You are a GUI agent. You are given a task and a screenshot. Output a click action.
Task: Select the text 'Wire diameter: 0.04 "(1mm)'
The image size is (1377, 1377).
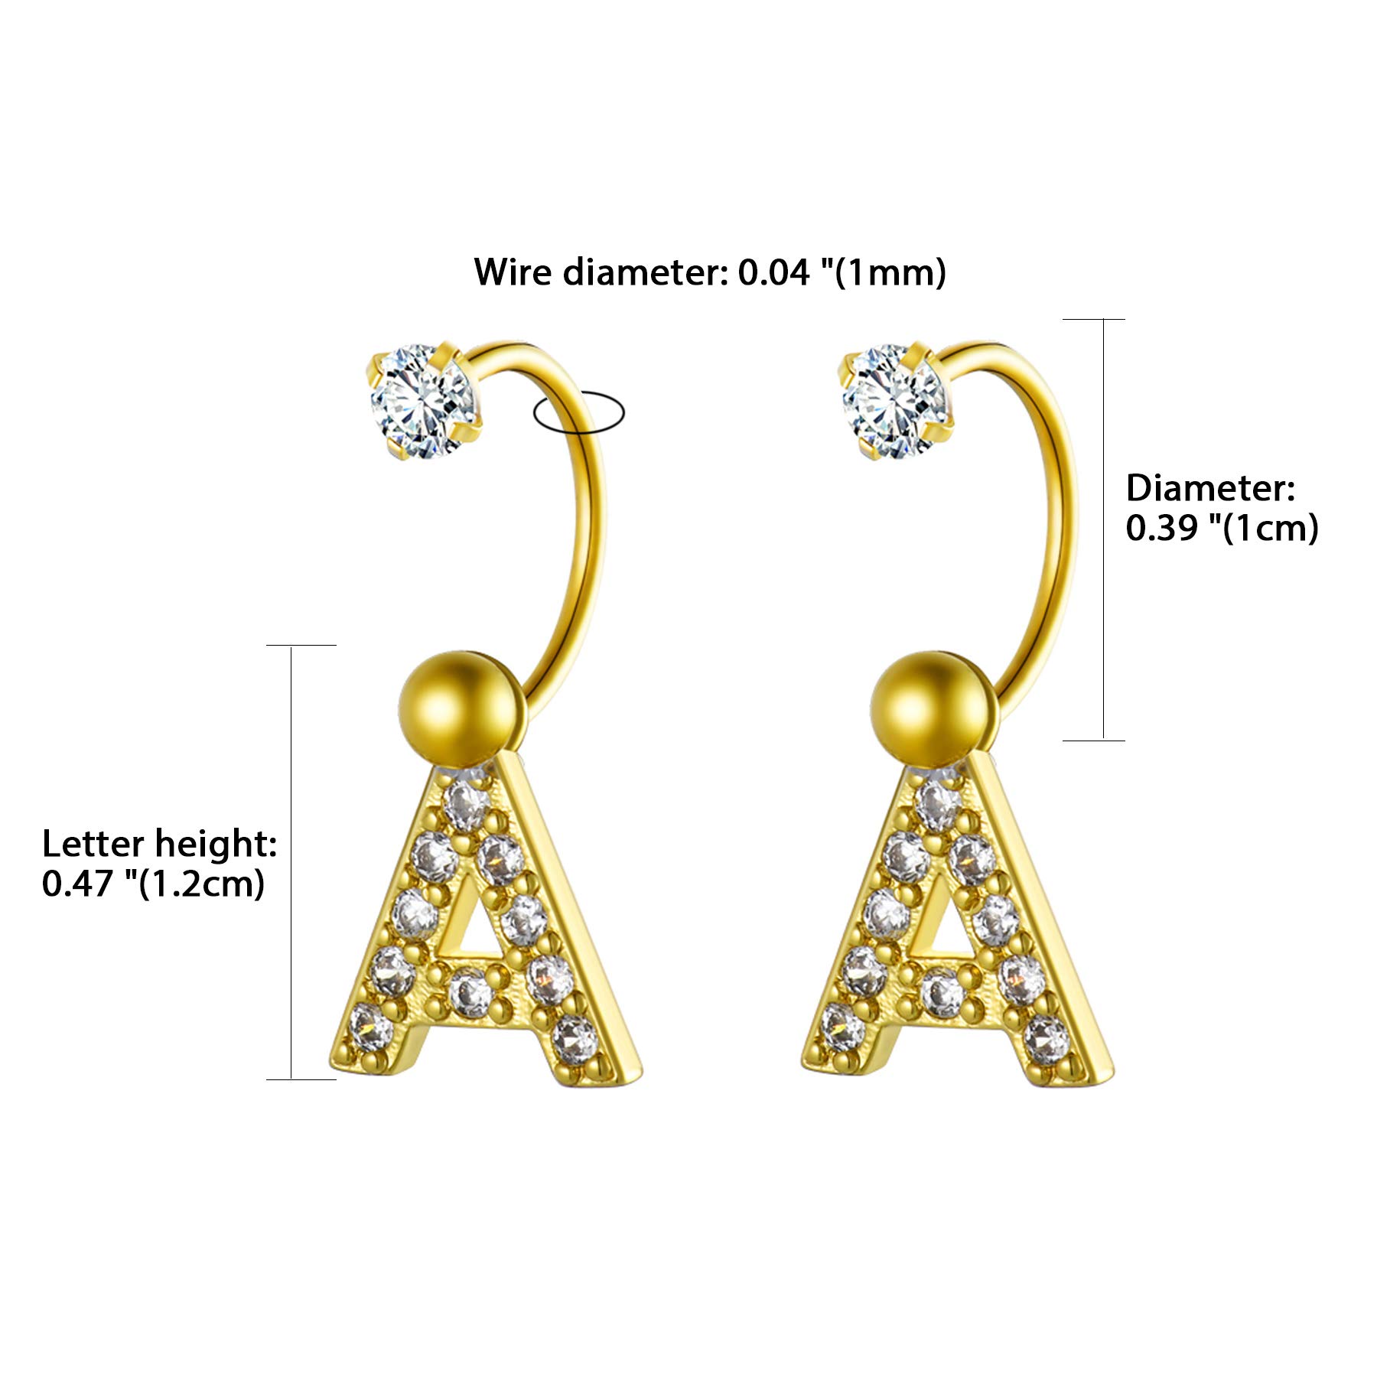(710, 272)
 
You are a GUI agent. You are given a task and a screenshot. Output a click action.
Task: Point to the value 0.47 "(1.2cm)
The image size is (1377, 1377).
(153, 884)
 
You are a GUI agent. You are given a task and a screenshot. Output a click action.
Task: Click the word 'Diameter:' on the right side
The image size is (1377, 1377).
(1210, 488)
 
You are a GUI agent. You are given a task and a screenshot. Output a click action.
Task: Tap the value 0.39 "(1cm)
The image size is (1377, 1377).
(1222, 528)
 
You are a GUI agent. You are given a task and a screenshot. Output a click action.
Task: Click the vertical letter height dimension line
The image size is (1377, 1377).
(291, 862)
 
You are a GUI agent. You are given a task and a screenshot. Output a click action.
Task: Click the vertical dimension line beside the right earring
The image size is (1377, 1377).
(1103, 529)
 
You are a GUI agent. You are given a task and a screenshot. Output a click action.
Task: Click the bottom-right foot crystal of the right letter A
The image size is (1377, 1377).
(1046, 1038)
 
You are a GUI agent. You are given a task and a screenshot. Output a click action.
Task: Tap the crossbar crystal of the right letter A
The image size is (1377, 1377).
(941, 992)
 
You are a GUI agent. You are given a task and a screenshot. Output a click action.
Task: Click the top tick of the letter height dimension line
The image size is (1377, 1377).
(301, 645)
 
